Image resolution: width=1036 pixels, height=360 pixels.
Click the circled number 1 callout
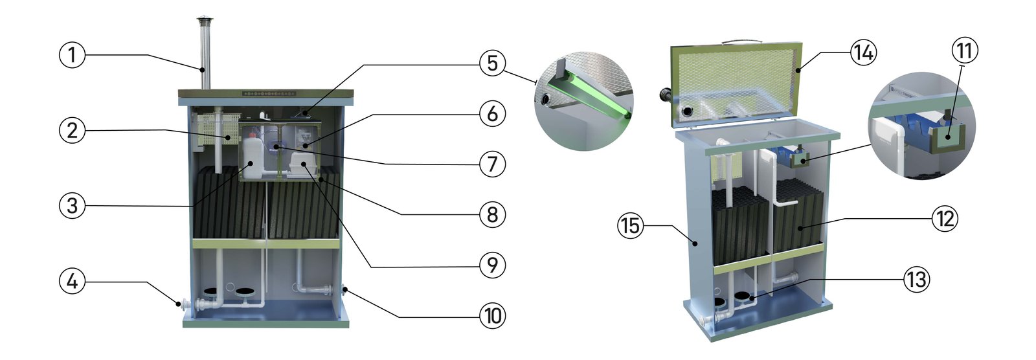click(73, 55)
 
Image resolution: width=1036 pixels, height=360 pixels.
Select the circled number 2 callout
click(73, 131)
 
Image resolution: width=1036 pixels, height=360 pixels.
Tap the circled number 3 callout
click(73, 206)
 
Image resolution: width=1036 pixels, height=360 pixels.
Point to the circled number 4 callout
click(73, 282)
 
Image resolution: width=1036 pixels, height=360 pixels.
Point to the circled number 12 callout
click(945, 219)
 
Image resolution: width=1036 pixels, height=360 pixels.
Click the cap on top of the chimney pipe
click(203, 19)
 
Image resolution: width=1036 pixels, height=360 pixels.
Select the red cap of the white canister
click(253, 135)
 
